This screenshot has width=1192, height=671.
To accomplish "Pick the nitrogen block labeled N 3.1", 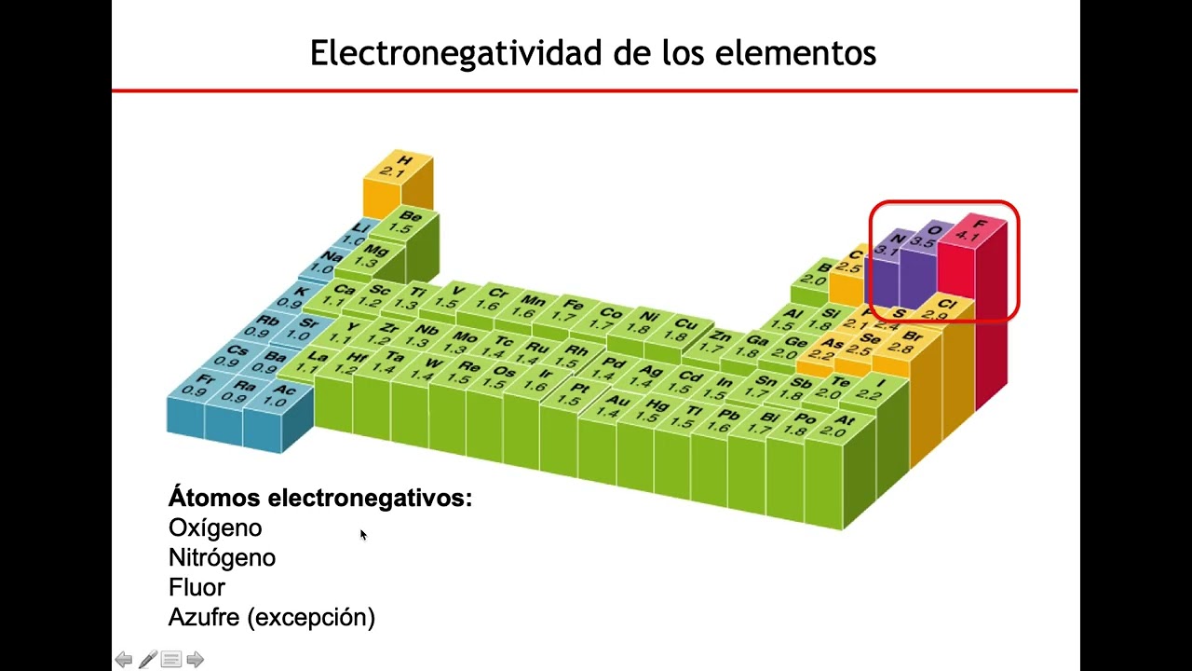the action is coord(891,245).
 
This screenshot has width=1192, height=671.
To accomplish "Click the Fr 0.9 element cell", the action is coord(198,385).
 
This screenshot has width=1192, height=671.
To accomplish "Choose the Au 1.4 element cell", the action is coord(612,407).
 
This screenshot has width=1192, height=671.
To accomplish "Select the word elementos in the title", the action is coord(795,53).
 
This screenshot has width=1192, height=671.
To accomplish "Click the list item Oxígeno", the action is coord(215,528).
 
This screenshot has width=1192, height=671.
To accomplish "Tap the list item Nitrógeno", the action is coord(222,558).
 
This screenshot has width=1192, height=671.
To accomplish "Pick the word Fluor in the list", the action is coord(196,588).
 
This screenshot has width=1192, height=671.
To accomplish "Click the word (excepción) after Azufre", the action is coord(318,618).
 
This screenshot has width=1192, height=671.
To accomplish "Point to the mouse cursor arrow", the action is coord(362,534).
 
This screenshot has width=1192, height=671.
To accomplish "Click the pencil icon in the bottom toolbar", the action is coord(147,660).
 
